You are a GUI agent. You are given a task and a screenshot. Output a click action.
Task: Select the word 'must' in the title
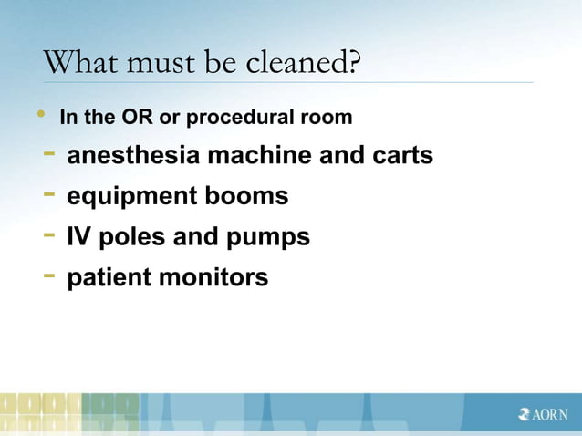coord(153,64)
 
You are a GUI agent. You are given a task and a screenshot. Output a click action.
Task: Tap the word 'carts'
coord(400,156)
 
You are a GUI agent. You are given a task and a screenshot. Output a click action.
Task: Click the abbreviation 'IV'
coord(78,237)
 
